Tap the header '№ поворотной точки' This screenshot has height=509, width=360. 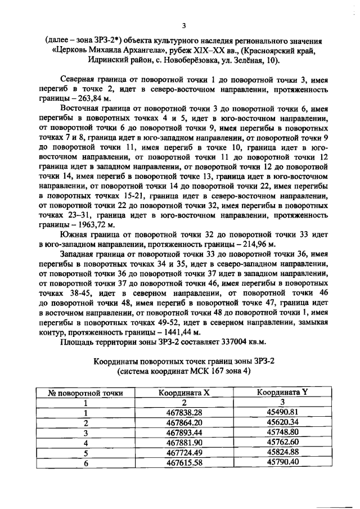click(x=86, y=393)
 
